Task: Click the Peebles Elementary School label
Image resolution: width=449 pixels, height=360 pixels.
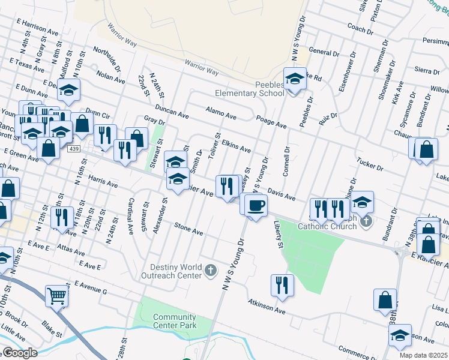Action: (250, 89)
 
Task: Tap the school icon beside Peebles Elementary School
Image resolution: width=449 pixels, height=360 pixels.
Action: (295, 79)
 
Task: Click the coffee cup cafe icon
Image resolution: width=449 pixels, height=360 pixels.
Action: (256, 205)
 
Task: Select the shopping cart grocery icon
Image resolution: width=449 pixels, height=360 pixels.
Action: (56, 295)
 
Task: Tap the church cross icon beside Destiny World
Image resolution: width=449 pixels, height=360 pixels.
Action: (210, 271)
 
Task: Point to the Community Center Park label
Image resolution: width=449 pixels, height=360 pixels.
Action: (174, 321)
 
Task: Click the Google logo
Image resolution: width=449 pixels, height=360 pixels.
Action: (19, 353)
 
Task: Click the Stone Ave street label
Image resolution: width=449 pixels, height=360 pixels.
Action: (188, 229)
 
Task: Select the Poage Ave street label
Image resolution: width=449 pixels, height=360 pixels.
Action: (271, 122)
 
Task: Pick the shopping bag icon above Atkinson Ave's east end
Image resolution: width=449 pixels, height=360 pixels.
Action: (385, 300)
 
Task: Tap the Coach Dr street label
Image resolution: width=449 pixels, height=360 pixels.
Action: (360, 28)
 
